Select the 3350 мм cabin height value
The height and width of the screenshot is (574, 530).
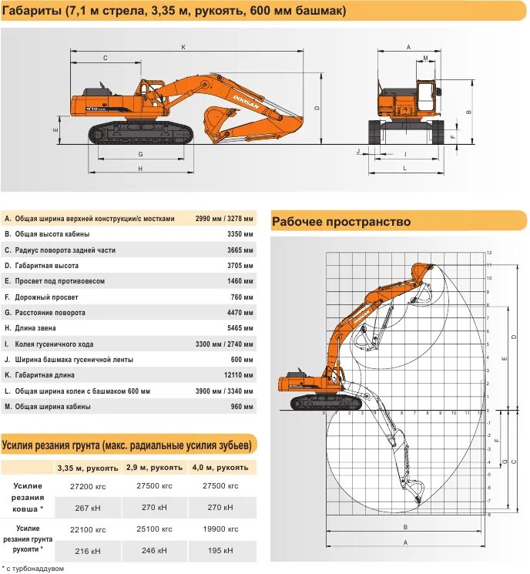coord(240,234)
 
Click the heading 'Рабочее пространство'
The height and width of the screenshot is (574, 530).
coord(341,222)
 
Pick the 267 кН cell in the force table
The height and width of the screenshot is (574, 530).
coord(88,508)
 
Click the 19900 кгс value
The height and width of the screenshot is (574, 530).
coord(222,529)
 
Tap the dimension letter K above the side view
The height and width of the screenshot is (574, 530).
coord(183,47)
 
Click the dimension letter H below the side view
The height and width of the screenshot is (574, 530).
coord(140,169)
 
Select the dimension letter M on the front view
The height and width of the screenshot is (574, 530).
coord(425,59)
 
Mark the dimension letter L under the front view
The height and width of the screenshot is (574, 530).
coord(404,169)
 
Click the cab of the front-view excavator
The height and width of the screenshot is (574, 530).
coord(424,96)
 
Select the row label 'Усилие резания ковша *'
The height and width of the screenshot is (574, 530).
coord(28,497)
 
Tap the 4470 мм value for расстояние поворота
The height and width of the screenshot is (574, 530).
coord(240,313)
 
